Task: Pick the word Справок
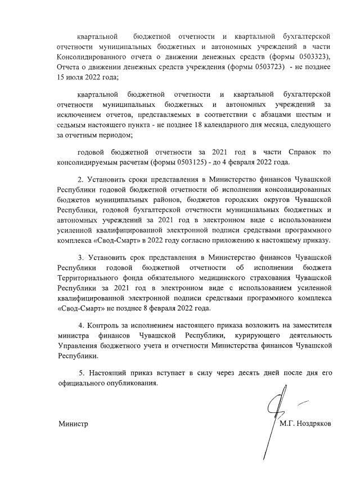click(x=290, y=152)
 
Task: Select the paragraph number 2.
click(x=80, y=179)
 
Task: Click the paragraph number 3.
click(x=80, y=258)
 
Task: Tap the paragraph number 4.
click(x=82, y=326)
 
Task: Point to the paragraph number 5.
click(x=82, y=373)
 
